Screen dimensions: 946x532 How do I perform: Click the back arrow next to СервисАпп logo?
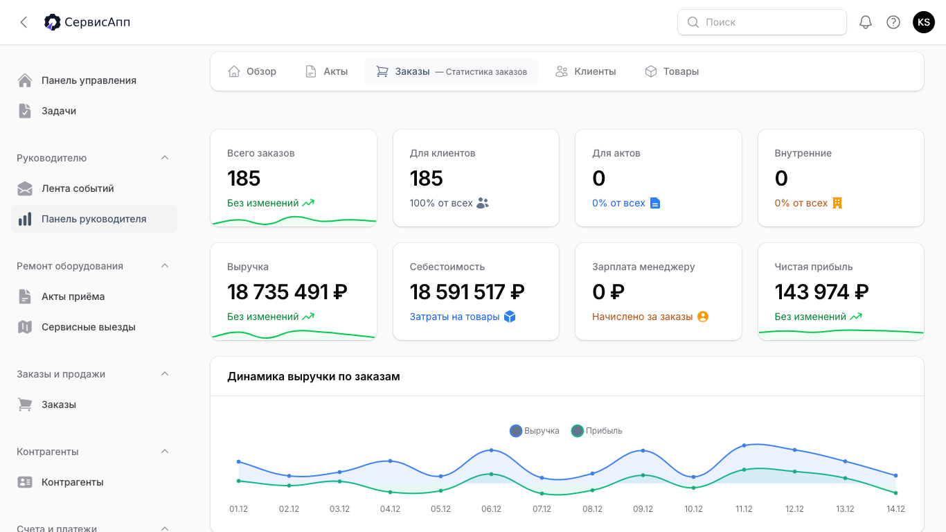24,22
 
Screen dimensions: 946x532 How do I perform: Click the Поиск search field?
762,22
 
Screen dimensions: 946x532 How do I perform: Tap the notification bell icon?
866,22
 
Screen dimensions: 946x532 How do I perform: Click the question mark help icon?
893,22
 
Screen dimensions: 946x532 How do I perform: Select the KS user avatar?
924,22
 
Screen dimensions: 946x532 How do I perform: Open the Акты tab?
326,71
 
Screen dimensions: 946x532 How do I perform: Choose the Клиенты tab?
586,71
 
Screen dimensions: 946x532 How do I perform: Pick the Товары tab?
672,71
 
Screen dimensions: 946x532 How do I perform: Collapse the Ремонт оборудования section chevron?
165,266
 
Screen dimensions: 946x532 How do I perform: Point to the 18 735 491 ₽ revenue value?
287,292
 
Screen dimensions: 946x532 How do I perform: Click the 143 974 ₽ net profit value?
821,292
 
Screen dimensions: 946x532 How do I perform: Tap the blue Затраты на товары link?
454,317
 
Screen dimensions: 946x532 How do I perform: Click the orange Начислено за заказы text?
643,317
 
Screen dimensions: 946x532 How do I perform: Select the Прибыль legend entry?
597,431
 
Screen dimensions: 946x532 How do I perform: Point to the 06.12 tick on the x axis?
491,508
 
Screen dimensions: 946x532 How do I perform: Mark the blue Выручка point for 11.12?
744,445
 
